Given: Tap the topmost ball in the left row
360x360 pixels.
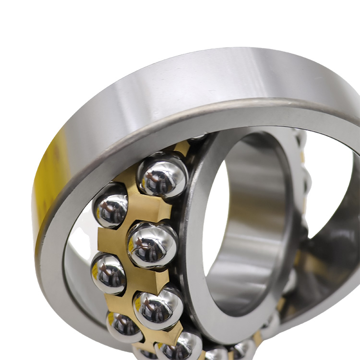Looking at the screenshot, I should [110, 205].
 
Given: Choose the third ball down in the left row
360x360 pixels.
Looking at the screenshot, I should [124, 326].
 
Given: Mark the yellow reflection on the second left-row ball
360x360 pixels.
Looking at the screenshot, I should [95, 272].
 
